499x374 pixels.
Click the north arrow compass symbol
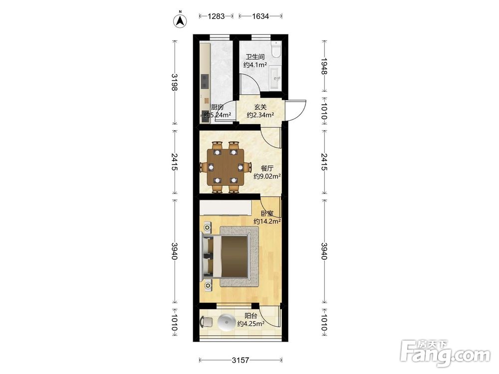coord(180,20)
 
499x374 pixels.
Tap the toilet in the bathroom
coord(276,49)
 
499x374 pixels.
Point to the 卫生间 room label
coord(255,57)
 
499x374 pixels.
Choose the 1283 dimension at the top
coord(217,16)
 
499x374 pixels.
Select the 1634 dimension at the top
coord(260,16)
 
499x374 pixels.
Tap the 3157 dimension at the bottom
coord(241,360)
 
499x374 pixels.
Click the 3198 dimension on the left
coord(174,82)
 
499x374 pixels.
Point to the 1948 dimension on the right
coord(324,66)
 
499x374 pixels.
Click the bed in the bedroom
coord(226,256)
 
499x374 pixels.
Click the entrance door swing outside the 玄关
coord(295,110)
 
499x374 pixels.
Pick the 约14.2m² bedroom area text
coord(267,221)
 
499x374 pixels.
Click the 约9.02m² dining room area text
coord(267,176)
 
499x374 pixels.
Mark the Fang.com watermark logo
coord(445,352)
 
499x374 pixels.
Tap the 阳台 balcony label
coord(251,316)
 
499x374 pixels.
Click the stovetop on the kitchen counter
coord(205,81)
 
